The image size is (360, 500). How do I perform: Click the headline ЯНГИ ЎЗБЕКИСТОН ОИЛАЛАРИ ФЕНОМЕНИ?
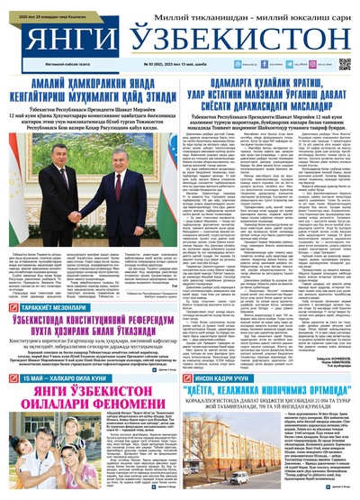point(90,423)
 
